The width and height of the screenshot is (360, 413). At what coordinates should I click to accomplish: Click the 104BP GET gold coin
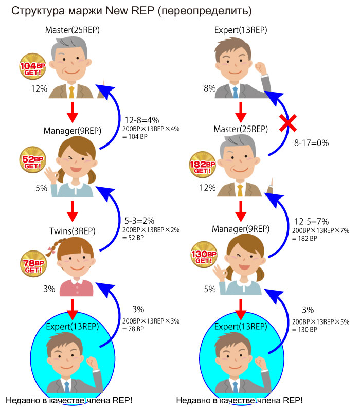coord(32,66)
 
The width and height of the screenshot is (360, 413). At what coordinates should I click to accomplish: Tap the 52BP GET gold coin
coord(32,159)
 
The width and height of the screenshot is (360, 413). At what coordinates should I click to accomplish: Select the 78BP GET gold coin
coord(33,264)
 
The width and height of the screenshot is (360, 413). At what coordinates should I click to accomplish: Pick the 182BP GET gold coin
coord(203,165)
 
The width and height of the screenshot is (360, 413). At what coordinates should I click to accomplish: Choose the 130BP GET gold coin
coord(204,255)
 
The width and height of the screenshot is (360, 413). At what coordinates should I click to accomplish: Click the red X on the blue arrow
coord(288,123)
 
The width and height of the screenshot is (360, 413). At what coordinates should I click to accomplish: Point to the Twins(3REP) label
coord(73,231)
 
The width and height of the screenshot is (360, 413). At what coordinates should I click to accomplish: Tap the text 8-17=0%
coord(311,143)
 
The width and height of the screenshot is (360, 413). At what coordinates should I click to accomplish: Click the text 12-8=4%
coord(141,120)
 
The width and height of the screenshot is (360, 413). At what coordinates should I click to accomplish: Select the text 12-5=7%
coord(312,221)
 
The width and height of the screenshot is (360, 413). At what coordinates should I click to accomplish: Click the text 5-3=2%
coord(139,221)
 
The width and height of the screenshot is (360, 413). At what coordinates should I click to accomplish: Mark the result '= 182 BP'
coord(304,238)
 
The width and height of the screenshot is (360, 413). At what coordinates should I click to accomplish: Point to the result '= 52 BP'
coord(133,238)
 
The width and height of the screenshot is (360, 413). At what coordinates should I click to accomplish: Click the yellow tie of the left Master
coord(71,92)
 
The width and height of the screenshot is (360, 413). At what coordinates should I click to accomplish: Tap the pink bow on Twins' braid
coord(51,250)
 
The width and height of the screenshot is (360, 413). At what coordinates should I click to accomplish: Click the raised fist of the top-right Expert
coord(260,68)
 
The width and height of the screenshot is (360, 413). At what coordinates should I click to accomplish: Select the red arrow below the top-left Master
coord(73,112)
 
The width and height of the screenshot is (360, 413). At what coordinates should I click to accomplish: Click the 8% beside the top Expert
coord(210,88)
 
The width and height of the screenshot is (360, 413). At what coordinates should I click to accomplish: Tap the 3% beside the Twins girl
coord(49,289)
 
